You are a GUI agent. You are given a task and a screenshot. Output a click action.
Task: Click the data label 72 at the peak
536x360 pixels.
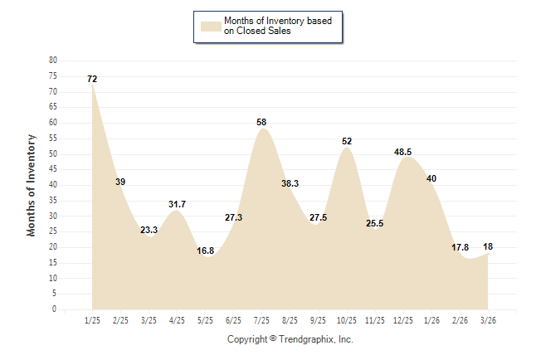(92, 79)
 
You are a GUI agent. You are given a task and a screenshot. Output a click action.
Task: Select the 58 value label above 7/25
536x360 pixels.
(261, 122)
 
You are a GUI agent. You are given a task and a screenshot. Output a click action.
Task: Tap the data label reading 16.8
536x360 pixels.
(205, 250)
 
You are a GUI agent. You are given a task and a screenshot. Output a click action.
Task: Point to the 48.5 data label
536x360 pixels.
(403, 152)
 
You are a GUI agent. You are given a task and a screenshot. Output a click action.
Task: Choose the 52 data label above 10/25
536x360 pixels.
(347, 141)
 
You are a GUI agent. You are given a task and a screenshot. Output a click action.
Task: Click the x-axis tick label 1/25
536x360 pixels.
(92, 319)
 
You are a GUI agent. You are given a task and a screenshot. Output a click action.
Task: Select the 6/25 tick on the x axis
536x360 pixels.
(233, 319)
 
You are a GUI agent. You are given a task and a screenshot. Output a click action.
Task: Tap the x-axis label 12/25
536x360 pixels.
(403, 319)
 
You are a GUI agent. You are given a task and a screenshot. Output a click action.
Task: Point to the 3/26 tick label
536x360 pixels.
(488, 319)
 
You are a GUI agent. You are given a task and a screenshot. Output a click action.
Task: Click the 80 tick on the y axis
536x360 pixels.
(53, 61)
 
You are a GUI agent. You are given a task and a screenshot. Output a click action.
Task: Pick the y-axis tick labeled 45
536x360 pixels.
(53, 169)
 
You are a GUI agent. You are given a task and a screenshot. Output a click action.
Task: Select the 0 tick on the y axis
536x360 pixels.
(55, 309)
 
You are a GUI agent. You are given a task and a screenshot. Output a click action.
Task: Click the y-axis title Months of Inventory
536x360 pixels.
(32, 185)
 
